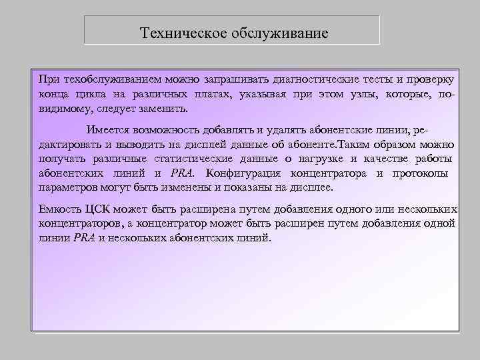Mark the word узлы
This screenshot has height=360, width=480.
356,94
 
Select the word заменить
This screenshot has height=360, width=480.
163,109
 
